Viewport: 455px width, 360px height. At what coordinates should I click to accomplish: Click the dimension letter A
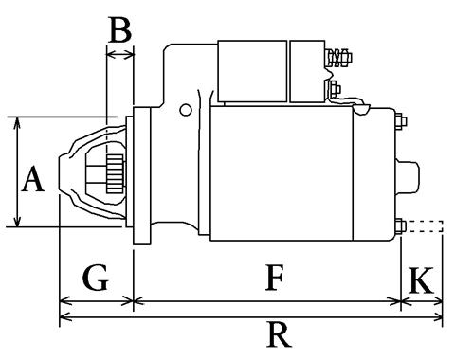33,179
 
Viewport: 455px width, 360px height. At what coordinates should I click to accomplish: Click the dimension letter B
119,30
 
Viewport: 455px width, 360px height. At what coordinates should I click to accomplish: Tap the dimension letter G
96,278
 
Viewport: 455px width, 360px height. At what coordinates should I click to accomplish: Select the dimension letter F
274,278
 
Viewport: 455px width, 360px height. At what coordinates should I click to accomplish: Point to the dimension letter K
421,280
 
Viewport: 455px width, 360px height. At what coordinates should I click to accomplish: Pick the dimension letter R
279,334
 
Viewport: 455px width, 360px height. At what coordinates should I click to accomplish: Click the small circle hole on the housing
186,110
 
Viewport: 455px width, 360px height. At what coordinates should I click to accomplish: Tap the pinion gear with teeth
115,174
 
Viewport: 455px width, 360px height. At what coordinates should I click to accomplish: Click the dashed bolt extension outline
425,226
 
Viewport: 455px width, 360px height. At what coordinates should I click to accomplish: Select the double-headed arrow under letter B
120,55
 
